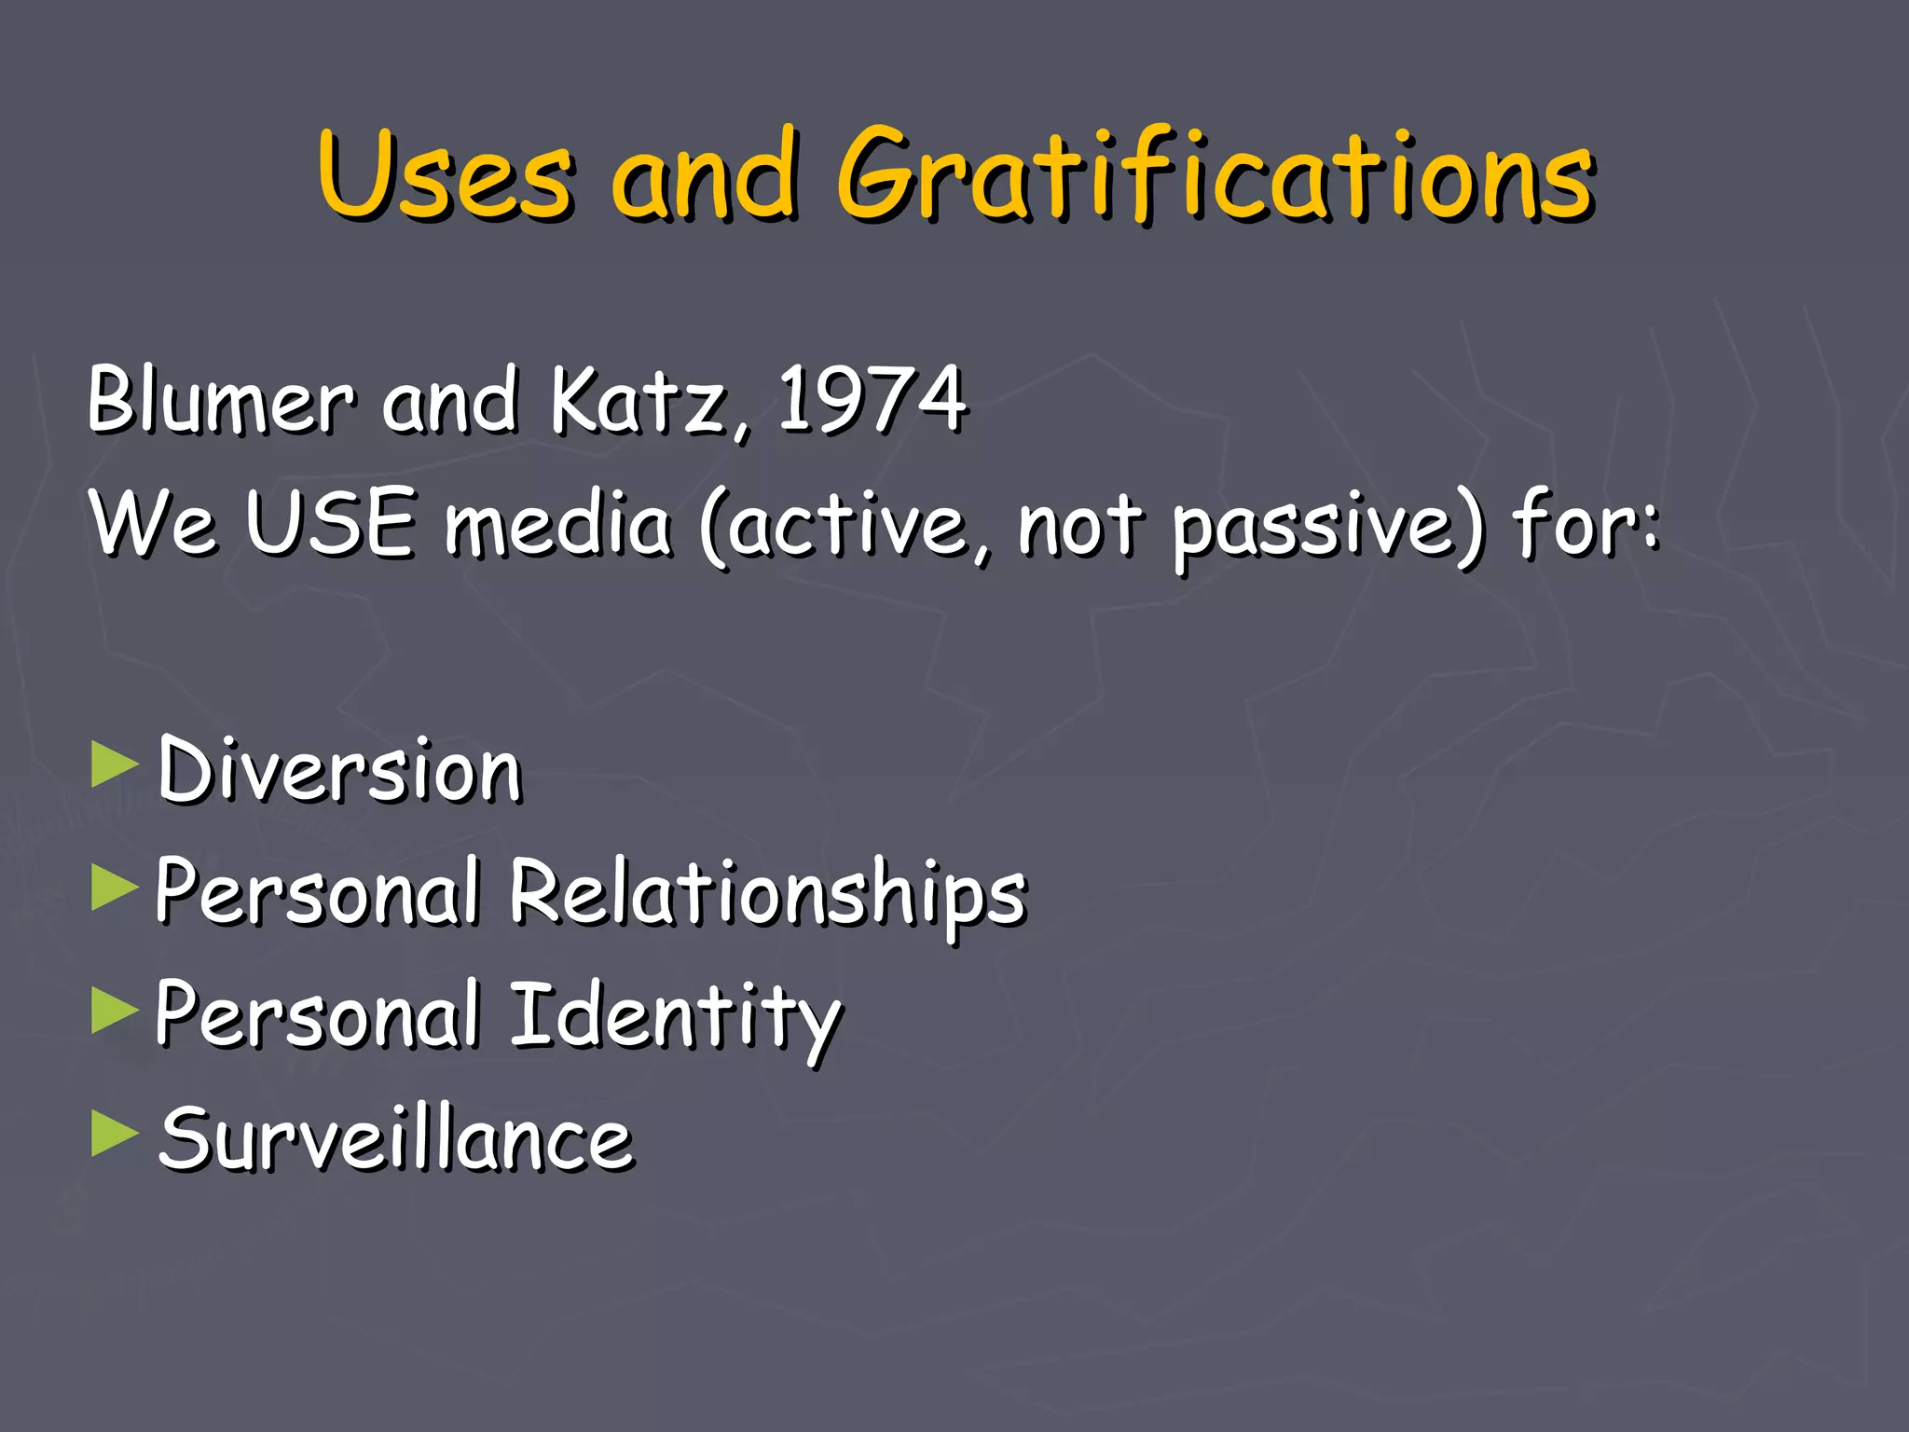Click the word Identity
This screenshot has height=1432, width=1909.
point(676,1016)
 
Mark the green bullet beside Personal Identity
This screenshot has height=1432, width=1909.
point(115,1011)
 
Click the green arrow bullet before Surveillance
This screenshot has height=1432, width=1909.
point(115,1134)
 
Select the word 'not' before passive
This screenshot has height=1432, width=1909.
point(1079,524)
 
